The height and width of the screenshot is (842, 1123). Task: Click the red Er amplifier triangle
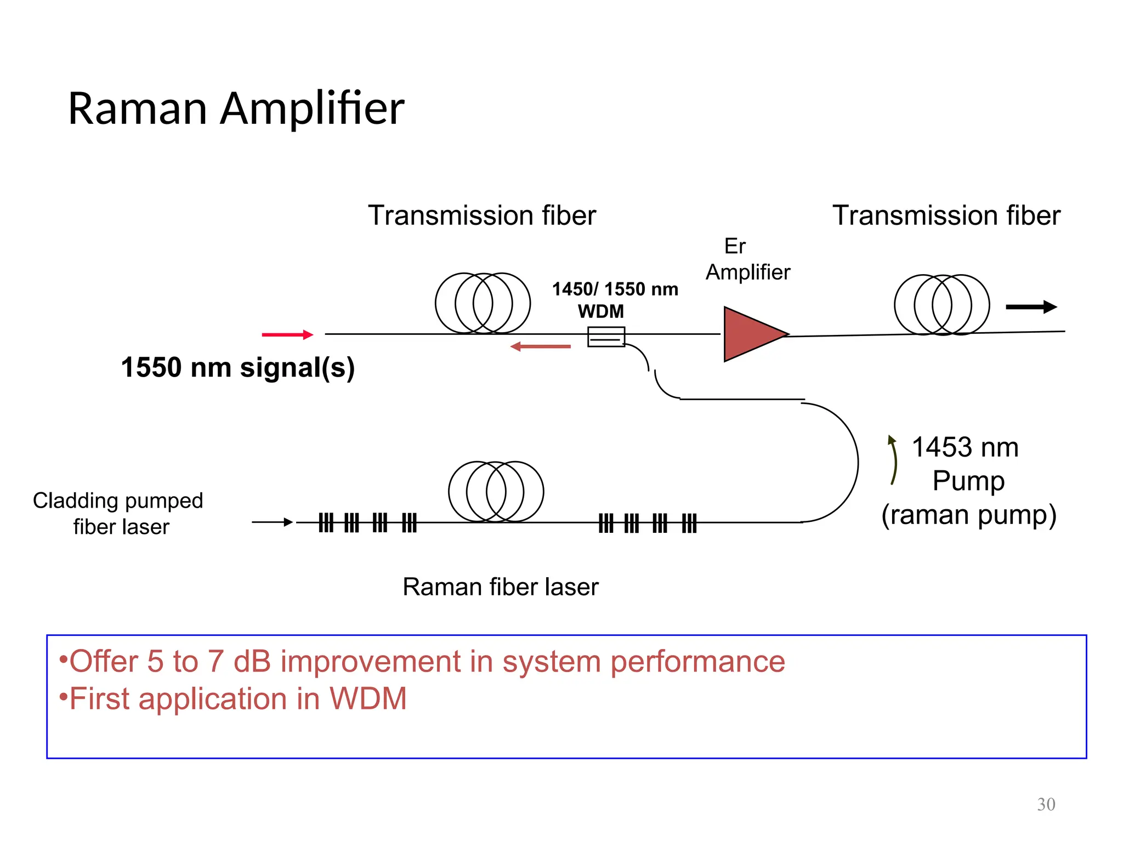click(750, 334)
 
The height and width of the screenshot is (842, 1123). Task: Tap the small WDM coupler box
click(606, 337)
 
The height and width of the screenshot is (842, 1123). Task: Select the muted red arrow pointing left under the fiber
click(540, 346)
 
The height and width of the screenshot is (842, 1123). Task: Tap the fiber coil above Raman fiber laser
click(496, 491)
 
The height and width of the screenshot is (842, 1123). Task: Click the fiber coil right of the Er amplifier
click(941, 305)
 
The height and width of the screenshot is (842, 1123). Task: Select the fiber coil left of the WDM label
click(483, 303)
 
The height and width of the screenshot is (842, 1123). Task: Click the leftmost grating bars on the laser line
click(326, 522)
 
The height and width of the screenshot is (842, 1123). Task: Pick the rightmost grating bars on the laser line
click(689, 523)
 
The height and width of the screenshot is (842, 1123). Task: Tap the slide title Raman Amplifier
click(236, 109)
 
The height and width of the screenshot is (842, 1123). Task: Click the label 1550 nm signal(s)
click(237, 367)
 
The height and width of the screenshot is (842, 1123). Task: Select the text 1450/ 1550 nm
click(615, 289)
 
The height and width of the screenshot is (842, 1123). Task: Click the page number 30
click(1046, 804)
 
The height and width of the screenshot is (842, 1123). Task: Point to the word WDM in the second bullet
click(368, 698)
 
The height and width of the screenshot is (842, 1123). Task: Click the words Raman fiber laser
click(500, 587)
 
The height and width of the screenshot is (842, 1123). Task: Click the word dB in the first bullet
click(252, 661)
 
